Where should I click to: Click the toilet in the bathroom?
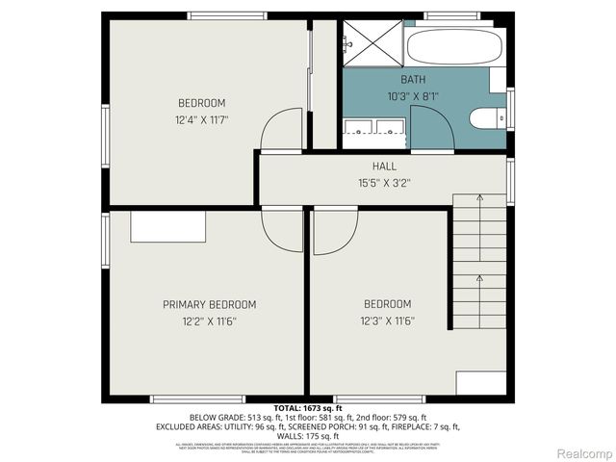(x=487, y=118)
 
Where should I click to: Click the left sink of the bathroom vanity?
(x=358, y=126)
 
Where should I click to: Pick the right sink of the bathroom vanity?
(x=391, y=126)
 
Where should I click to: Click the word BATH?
(x=413, y=80)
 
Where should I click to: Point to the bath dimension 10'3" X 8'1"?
(x=413, y=96)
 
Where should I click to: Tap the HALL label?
(x=384, y=167)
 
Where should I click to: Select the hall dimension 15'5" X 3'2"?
(x=384, y=183)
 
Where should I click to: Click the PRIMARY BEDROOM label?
(x=209, y=304)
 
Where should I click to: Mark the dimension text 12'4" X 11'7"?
(x=201, y=120)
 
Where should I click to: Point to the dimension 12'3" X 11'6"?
(x=387, y=321)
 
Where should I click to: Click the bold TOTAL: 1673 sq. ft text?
(x=307, y=408)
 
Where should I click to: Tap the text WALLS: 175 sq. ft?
(x=307, y=435)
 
